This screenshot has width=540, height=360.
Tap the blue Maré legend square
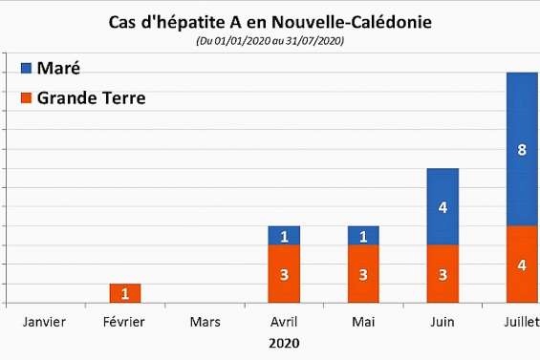[x=27, y=69]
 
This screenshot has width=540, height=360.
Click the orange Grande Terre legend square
[x=27, y=97]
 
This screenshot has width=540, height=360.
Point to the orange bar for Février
[x=125, y=293]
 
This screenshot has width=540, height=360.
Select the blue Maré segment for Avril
[x=285, y=236]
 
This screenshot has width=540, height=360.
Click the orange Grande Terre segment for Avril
[x=285, y=274]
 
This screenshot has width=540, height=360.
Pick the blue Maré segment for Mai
[x=363, y=236]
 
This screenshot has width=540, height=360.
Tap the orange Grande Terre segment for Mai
[x=363, y=274]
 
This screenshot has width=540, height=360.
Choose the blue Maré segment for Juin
[x=443, y=206]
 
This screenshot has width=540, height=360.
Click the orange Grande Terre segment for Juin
[x=443, y=274]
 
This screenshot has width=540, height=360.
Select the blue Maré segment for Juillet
[x=522, y=149]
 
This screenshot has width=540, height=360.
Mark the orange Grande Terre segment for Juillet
[x=522, y=265]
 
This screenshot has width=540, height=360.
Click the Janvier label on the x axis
[x=43, y=322]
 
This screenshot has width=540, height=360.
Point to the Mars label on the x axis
[x=205, y=322]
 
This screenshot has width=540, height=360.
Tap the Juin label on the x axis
[x=443, y=322]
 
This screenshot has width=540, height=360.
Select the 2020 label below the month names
[x=283, y=342]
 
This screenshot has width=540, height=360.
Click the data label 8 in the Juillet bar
[x=522, y=149]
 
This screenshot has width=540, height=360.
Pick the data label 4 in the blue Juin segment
[x=443, y=207]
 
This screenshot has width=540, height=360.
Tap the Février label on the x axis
[x=124, y=322]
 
